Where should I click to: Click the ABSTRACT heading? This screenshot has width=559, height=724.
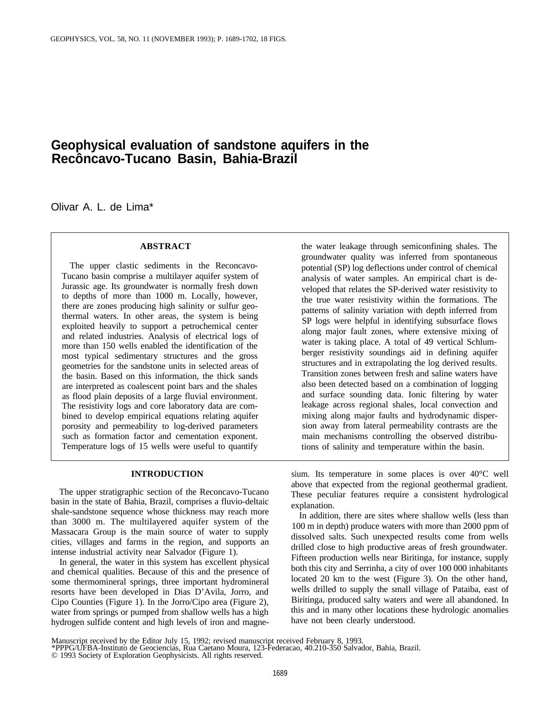165,246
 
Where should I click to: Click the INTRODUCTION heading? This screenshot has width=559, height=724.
167,474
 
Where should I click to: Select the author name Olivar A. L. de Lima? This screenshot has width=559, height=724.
102,207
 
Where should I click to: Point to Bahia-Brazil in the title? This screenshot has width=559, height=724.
260,159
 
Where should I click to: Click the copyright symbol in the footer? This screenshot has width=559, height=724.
54,656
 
